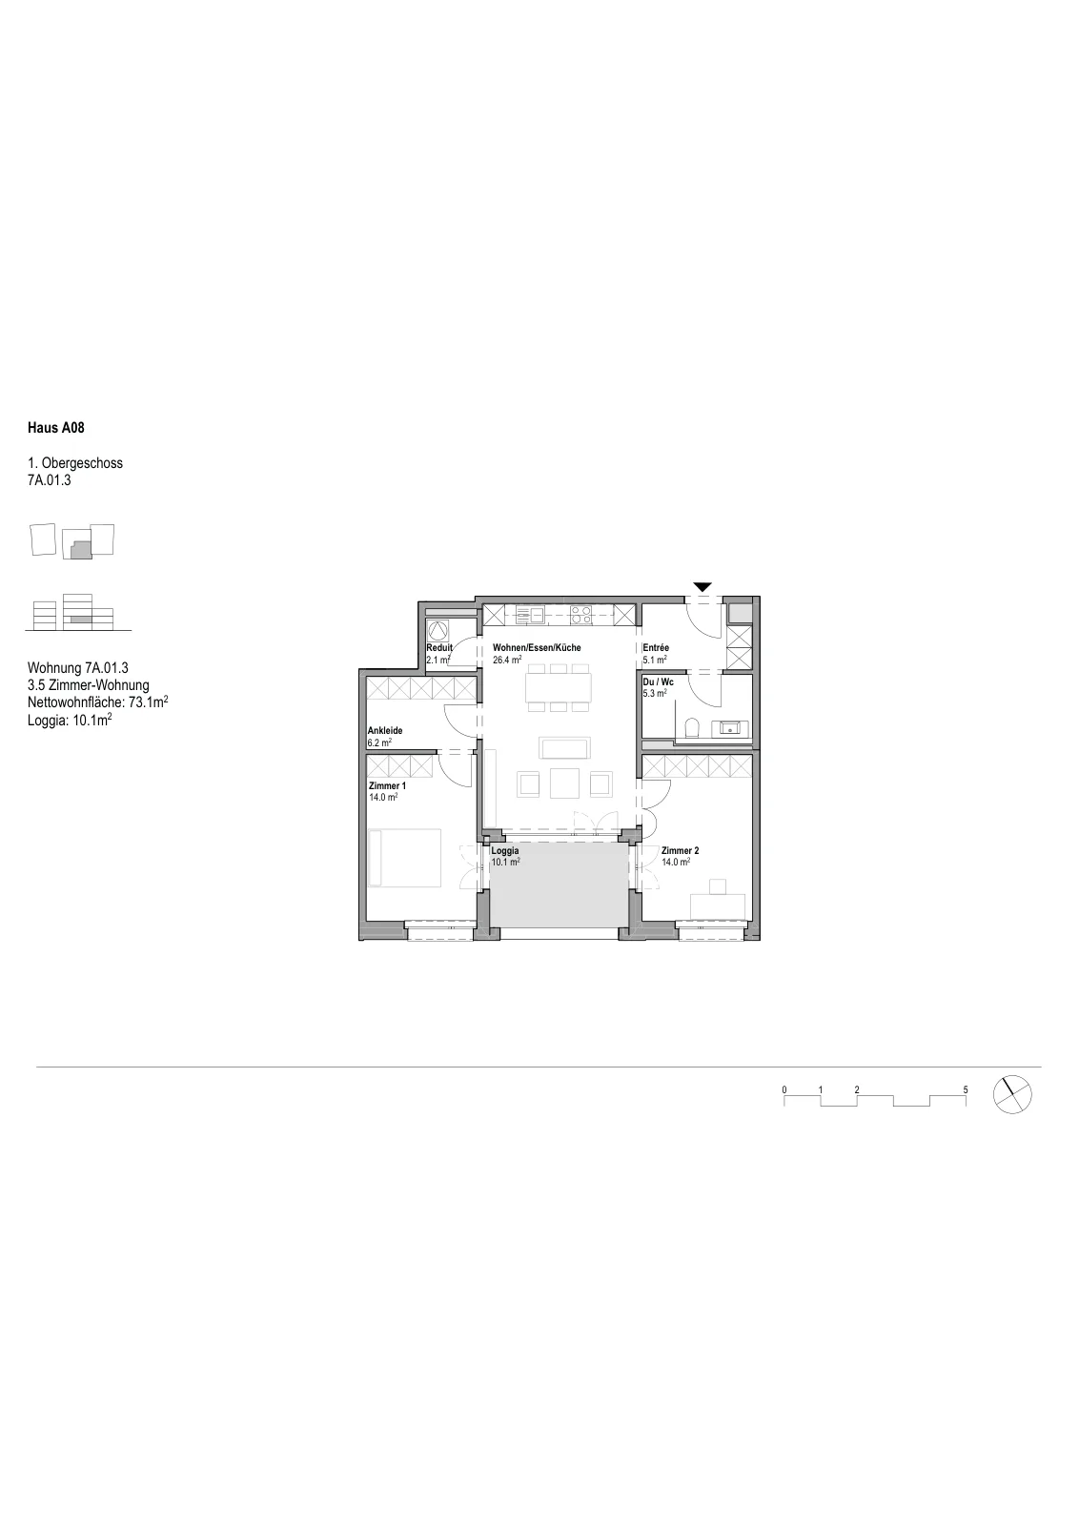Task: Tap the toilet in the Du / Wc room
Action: coord(692,728)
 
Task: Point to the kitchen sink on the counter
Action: coord(530,615)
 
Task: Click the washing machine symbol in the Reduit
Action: coord(439,630)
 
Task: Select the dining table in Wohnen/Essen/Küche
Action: coord(559,687)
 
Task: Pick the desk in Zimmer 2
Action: coord(718,906)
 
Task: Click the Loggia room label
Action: coord(505,850)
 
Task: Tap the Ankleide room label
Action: coord(385,730)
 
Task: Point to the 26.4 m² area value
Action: coord(507,659)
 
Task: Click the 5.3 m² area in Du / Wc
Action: coord(654,693)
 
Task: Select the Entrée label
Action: coord(656,647)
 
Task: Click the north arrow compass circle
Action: coord(1012,1095)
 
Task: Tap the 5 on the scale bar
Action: coord(966,1090)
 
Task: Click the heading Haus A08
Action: coord(56,428)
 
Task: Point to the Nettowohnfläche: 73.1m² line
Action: coord(98,701)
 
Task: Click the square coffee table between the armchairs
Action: coord(564,783)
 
